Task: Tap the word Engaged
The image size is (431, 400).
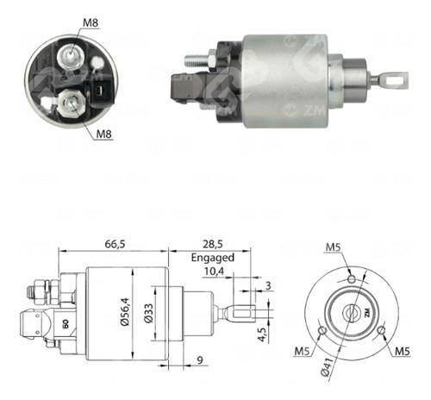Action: tap(212, 257)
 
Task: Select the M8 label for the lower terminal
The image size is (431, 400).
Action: tap(104, 134)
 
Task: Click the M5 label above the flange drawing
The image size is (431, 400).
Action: tap(334, 250)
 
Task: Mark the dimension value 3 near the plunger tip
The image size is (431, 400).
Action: tap(269, 284)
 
